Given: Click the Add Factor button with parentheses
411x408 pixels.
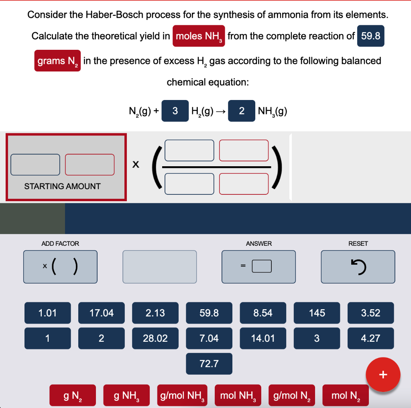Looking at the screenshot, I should (x=60, y=267).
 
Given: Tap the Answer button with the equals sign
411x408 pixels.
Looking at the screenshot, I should (x=258, y=267).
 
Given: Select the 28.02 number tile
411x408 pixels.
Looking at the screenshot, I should (x=155, y=338).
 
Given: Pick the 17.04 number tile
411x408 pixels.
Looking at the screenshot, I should (x=101, y=313).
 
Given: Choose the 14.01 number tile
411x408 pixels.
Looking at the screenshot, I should (x=263, y=338).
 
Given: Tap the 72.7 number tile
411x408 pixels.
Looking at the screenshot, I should (x=209, y=363).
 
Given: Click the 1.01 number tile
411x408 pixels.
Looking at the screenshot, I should (x=47, y=313).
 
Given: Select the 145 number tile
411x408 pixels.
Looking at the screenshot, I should (x=317, y=313).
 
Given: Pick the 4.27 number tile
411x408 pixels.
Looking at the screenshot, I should (x=370, y=338).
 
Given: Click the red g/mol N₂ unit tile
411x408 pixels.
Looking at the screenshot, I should (x=292, y=396).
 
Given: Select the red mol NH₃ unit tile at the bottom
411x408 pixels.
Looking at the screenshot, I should (x=238, y=396).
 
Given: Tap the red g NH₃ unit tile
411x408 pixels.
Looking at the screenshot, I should (x=126, y=396).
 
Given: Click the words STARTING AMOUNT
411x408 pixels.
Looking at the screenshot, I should (x=62, y=186).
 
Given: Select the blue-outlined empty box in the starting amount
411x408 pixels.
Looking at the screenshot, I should (x=35, y=165).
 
